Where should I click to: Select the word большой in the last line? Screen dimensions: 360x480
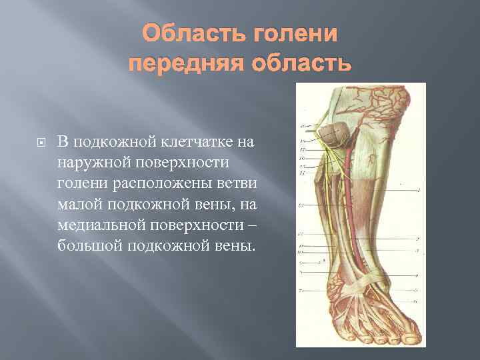point(87,247)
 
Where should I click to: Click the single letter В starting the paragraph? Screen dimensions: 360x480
point(62,141)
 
